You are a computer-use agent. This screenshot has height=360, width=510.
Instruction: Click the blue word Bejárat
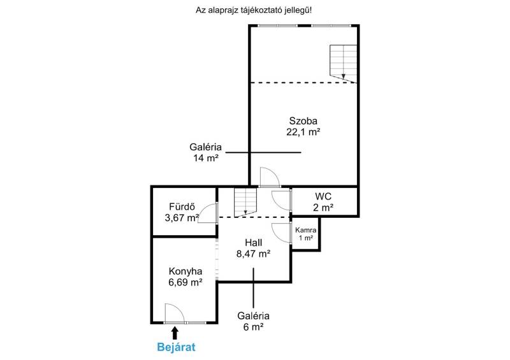pyautogui.click(x=176, y=347)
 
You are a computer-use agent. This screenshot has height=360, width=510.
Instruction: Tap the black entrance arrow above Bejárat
pyautogui.click(x=175, y=333)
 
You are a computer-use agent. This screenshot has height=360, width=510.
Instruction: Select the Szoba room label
pyautogui.click(x=303, y=121)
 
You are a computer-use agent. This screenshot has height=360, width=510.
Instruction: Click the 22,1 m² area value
pyautogui.click(x=303, y=132)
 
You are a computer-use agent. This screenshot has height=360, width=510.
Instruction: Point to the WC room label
pyautogui.click(x=323, y=196)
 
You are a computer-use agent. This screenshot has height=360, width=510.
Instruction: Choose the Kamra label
pyautogui.click(x=306, y=230)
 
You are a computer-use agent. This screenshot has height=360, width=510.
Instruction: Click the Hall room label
pyautogui.click(x=253, y=243)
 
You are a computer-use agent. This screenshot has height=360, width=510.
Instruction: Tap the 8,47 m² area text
pyautogui.click(x=253, y=254)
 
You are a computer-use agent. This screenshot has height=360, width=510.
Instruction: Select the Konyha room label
pyautogui.click(x=186, y=271)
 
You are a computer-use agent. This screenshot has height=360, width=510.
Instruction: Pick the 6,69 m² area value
pyautogui.click(x=186, y=282)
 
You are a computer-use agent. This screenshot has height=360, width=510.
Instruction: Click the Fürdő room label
pyautogui.click(x=182, y=206)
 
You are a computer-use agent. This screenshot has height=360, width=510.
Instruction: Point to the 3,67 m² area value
pyautogui.click(x=182, y=217)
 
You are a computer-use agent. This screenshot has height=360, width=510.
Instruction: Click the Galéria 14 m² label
pyautogui.click(x=205, y=152)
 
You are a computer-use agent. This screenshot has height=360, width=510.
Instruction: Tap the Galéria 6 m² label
pyautogui.click(x=253, y=321)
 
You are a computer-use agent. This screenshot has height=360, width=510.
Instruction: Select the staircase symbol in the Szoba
pyautogui.click(x=344, y=64)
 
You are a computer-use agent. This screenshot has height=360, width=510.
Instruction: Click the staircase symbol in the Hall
pyautogui.click(x=245, y=203)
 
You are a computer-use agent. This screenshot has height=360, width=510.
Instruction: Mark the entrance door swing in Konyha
pyautogui.click(x=175, y=313)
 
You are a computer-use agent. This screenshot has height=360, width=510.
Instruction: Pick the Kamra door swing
pyautogui.click(x=281, y=233)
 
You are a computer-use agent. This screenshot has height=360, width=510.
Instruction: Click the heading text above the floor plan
pyautogui.click(x=254, y=10)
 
